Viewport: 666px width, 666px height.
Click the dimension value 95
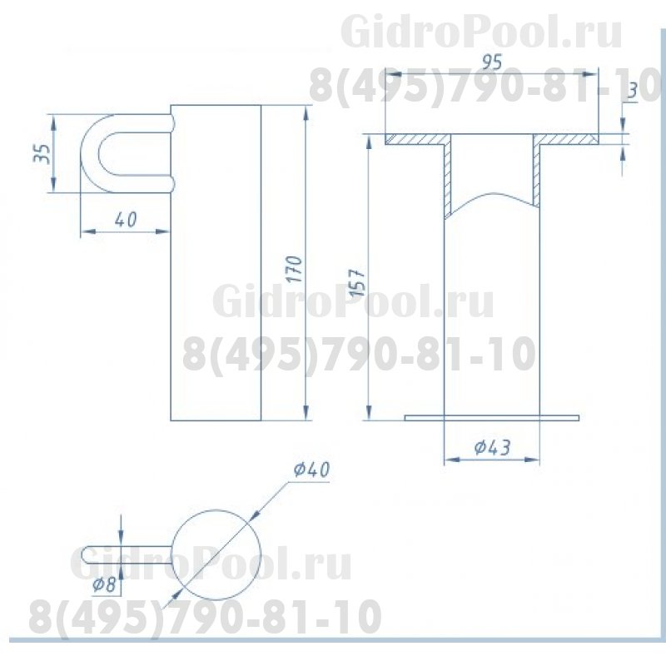[x=492, y=62]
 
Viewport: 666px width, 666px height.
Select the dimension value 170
[x=294, y=269]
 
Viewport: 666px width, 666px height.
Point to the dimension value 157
[x=357, y=282]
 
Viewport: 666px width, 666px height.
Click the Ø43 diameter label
[x=492, y=447]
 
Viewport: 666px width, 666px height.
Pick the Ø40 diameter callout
[x=311, y=470]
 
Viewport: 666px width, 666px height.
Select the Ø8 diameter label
[x=104, y=585]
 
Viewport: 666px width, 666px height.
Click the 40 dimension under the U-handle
[x=126, y=220]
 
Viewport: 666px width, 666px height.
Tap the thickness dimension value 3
[x=633, y=91]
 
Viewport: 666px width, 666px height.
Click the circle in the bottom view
[x=216, y=510]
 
